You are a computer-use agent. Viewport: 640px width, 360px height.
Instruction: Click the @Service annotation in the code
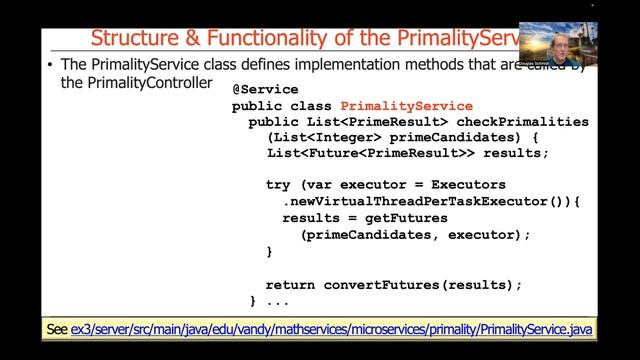(264, 89)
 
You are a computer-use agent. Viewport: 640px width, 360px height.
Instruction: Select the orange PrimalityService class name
(406, 105)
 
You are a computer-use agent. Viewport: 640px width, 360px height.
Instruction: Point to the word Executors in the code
(470, 185)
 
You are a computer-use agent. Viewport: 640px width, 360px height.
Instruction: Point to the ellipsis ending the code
(278, 300)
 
